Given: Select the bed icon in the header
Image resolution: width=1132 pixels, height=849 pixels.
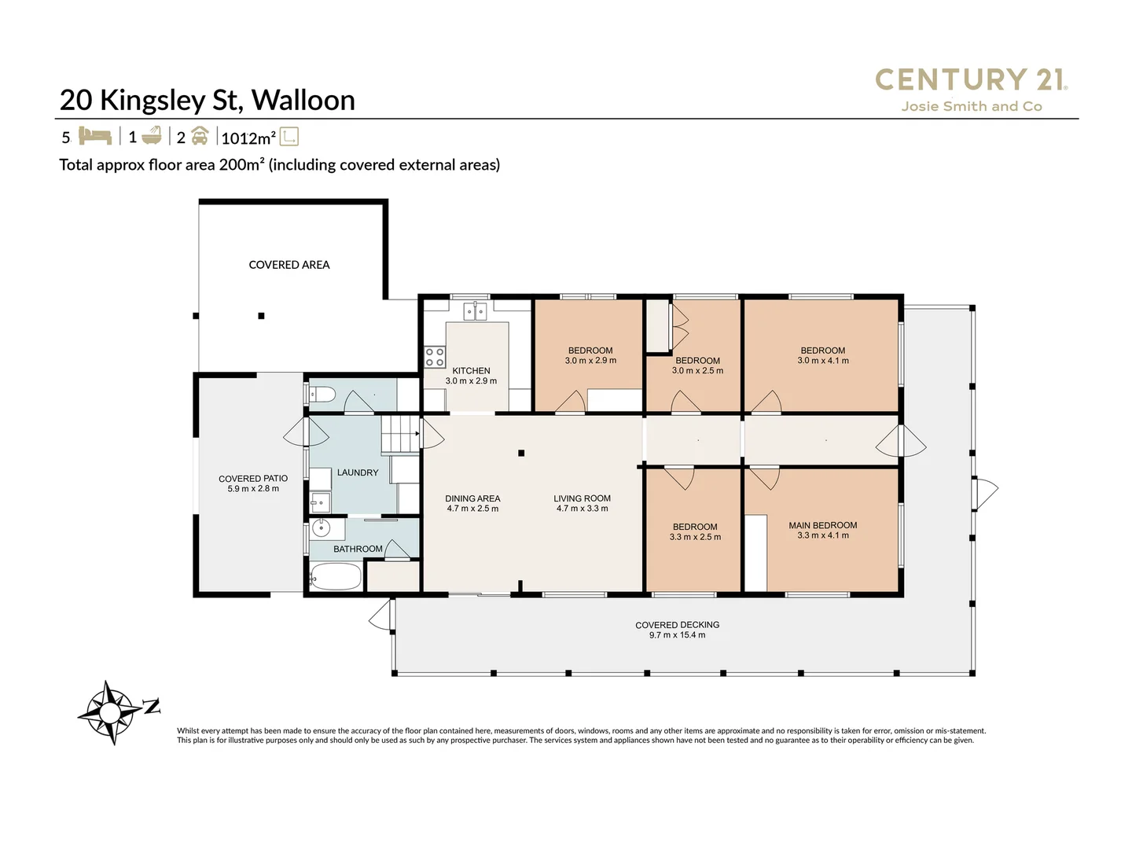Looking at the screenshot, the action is click(95, 136).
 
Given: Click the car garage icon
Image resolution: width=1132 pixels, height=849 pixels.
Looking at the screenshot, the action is click(200, 136).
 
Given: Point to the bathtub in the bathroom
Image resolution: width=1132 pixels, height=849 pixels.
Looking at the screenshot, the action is click(336, 576).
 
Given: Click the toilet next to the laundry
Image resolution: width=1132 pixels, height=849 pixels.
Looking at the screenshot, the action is click(322, 395).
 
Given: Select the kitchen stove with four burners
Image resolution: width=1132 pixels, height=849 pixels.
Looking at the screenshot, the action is click(434, 357).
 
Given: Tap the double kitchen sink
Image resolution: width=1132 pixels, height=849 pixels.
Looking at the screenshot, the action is click(475, 312).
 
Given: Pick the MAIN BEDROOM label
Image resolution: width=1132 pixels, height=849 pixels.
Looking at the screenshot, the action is click(822, 525).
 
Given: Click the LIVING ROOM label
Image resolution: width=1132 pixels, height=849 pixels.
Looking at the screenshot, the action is click(582, 498).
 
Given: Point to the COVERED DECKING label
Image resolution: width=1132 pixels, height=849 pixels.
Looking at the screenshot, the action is click(677, 625).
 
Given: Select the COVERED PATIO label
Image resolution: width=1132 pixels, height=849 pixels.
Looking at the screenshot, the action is click(253, 479).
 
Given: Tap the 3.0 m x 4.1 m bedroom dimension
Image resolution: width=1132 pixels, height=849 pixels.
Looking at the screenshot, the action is click(822, 361).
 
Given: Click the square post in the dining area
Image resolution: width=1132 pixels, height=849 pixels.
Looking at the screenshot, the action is click(521, 453).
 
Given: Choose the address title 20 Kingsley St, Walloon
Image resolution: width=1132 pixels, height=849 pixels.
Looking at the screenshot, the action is click(208, 100).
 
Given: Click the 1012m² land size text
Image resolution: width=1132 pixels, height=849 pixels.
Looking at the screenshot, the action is click(248, 138).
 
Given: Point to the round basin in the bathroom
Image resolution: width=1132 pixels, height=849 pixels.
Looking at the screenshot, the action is click(322, 527).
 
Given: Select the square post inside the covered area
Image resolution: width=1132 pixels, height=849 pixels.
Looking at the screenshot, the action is click(262, 316).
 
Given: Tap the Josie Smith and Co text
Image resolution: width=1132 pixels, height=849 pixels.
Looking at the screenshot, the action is click(972, 107).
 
